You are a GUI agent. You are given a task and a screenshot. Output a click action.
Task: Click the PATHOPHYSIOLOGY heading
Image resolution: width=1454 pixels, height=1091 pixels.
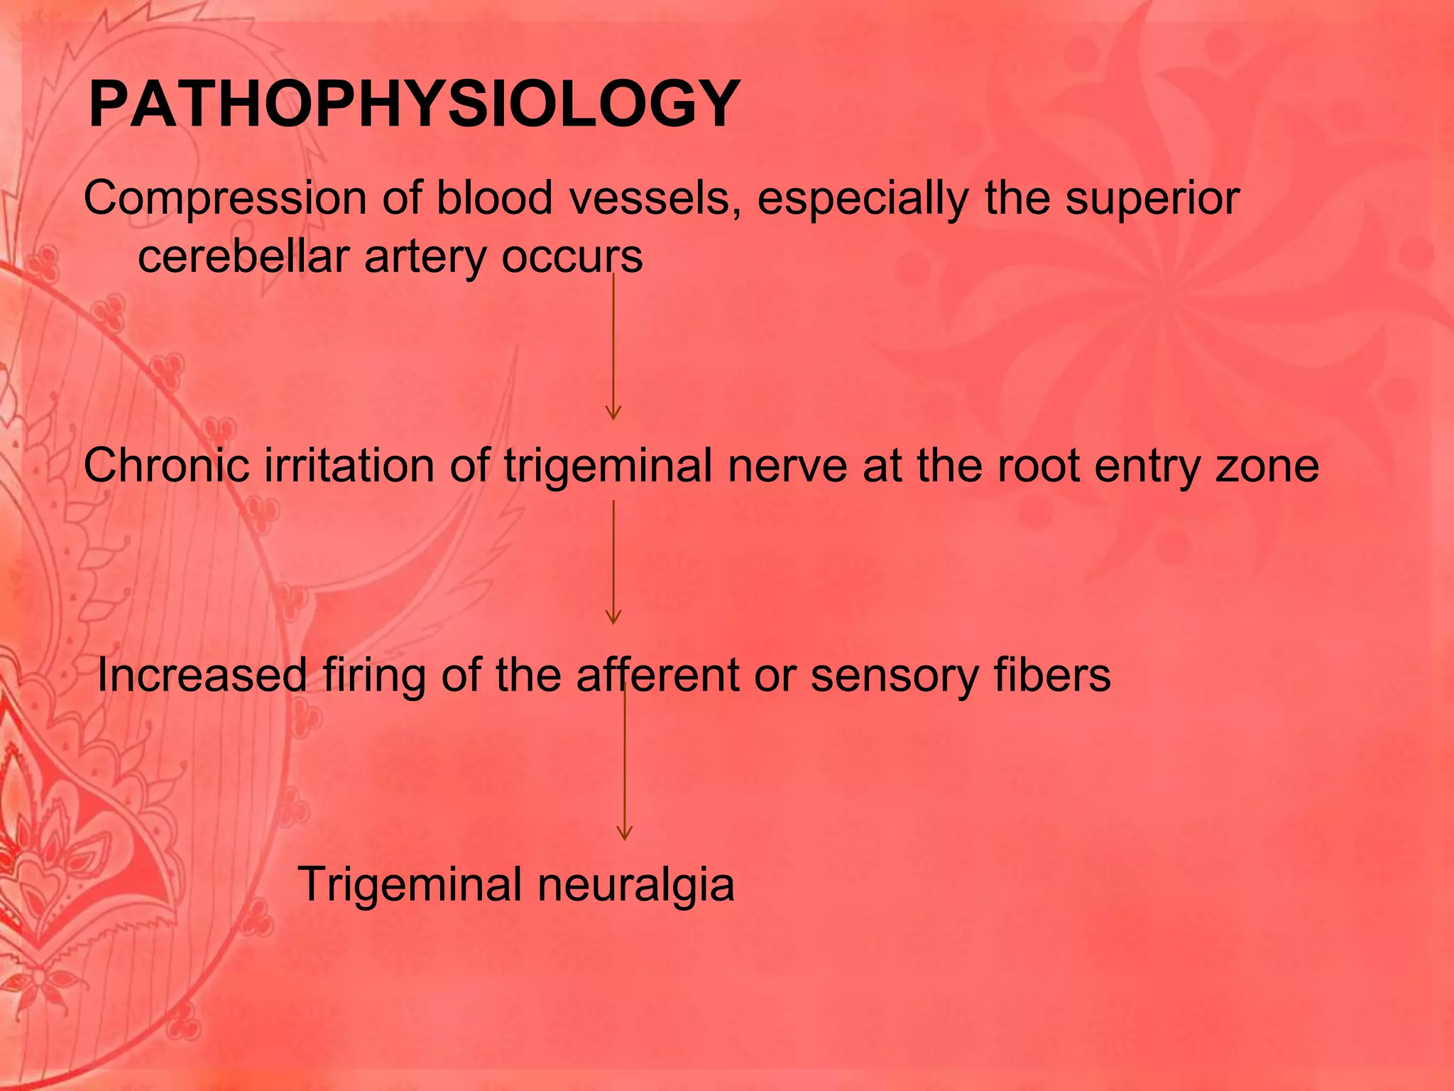point(414,105)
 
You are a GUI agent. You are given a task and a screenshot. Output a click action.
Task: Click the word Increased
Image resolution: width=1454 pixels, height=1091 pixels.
point(202,675)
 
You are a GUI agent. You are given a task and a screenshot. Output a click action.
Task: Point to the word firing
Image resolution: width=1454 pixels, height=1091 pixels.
point(374,676)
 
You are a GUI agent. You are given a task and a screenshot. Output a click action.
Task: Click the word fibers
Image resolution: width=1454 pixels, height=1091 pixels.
point(1052,675)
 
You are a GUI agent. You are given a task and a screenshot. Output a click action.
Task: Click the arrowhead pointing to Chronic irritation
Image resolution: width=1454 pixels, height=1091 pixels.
point(613,413)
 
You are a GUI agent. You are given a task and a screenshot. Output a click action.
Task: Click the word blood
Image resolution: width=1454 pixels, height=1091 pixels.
point(494,198)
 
